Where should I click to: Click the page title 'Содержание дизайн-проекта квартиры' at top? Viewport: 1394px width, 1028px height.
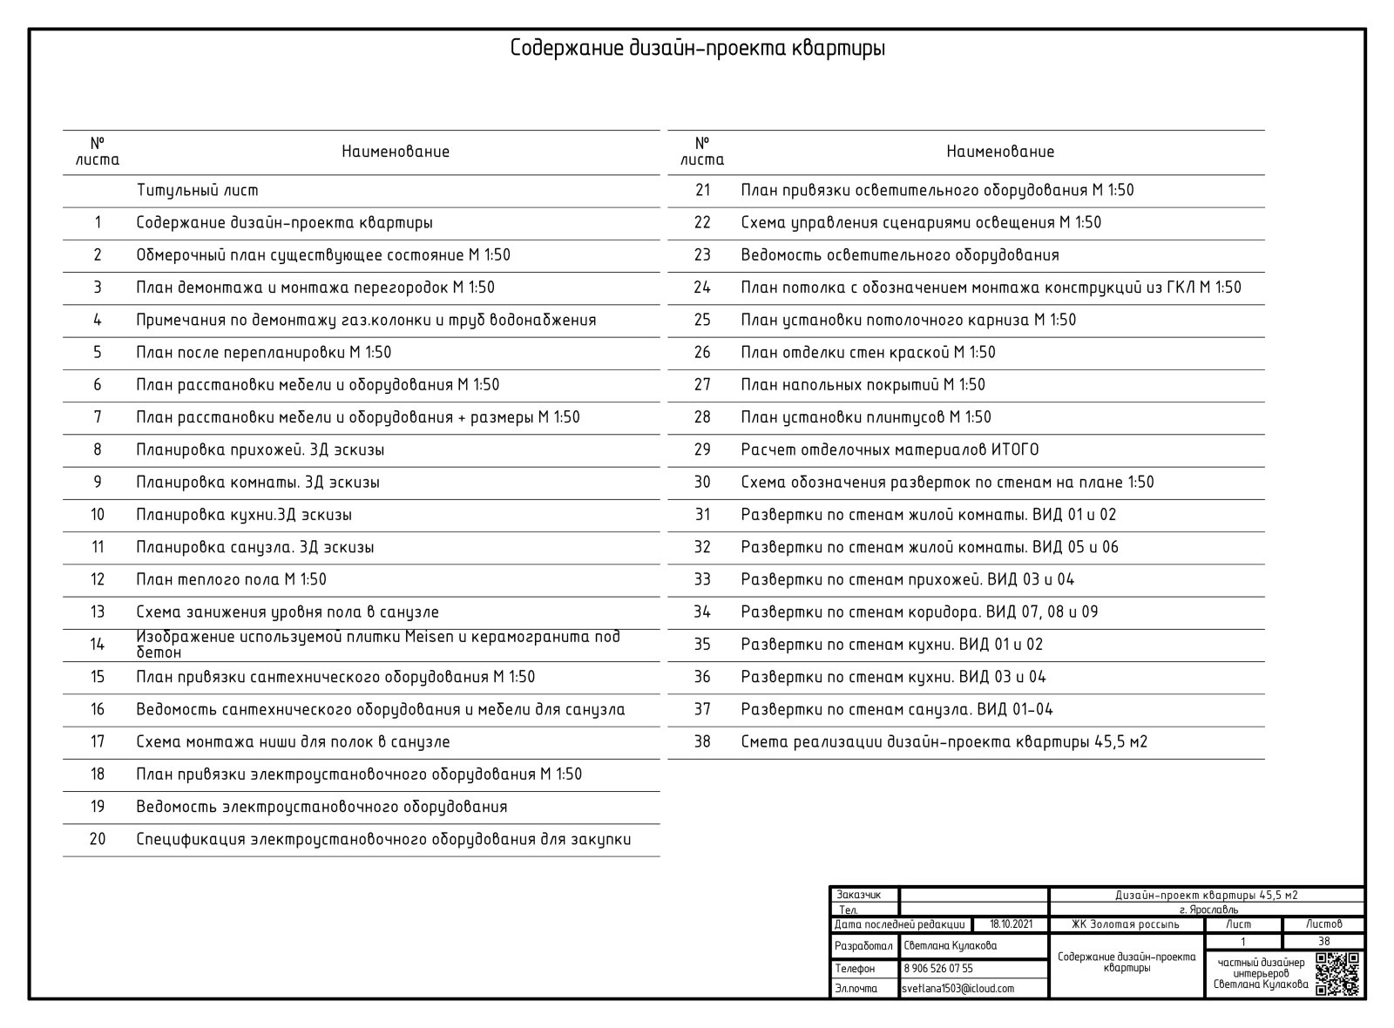698,48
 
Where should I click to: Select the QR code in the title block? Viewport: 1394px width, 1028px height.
1337,974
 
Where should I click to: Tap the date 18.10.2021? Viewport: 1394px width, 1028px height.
1011,924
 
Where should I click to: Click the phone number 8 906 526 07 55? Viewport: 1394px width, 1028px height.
938,968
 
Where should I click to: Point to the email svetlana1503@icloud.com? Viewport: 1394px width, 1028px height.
958,989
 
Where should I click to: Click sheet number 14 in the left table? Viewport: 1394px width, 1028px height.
97,645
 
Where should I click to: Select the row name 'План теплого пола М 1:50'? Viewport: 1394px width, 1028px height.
231,579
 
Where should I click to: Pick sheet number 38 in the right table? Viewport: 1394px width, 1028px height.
702,742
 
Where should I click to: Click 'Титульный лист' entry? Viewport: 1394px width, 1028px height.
197,190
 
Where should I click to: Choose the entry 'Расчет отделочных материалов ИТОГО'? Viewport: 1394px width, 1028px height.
890,450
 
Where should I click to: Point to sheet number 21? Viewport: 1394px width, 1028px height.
702,190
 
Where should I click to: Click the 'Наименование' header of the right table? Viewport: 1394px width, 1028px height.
1000,152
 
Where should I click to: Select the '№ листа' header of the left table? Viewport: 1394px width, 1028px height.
97,152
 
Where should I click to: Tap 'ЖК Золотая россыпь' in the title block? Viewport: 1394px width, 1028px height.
1126,924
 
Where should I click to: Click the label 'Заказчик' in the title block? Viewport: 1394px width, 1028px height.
858,895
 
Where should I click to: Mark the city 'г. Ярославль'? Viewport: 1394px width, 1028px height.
1208,910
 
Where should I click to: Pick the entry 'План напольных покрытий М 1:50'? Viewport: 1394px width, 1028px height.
863,385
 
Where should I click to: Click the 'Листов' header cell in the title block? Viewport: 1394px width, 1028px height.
1323,924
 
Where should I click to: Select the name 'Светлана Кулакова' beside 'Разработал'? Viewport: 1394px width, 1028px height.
950,945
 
